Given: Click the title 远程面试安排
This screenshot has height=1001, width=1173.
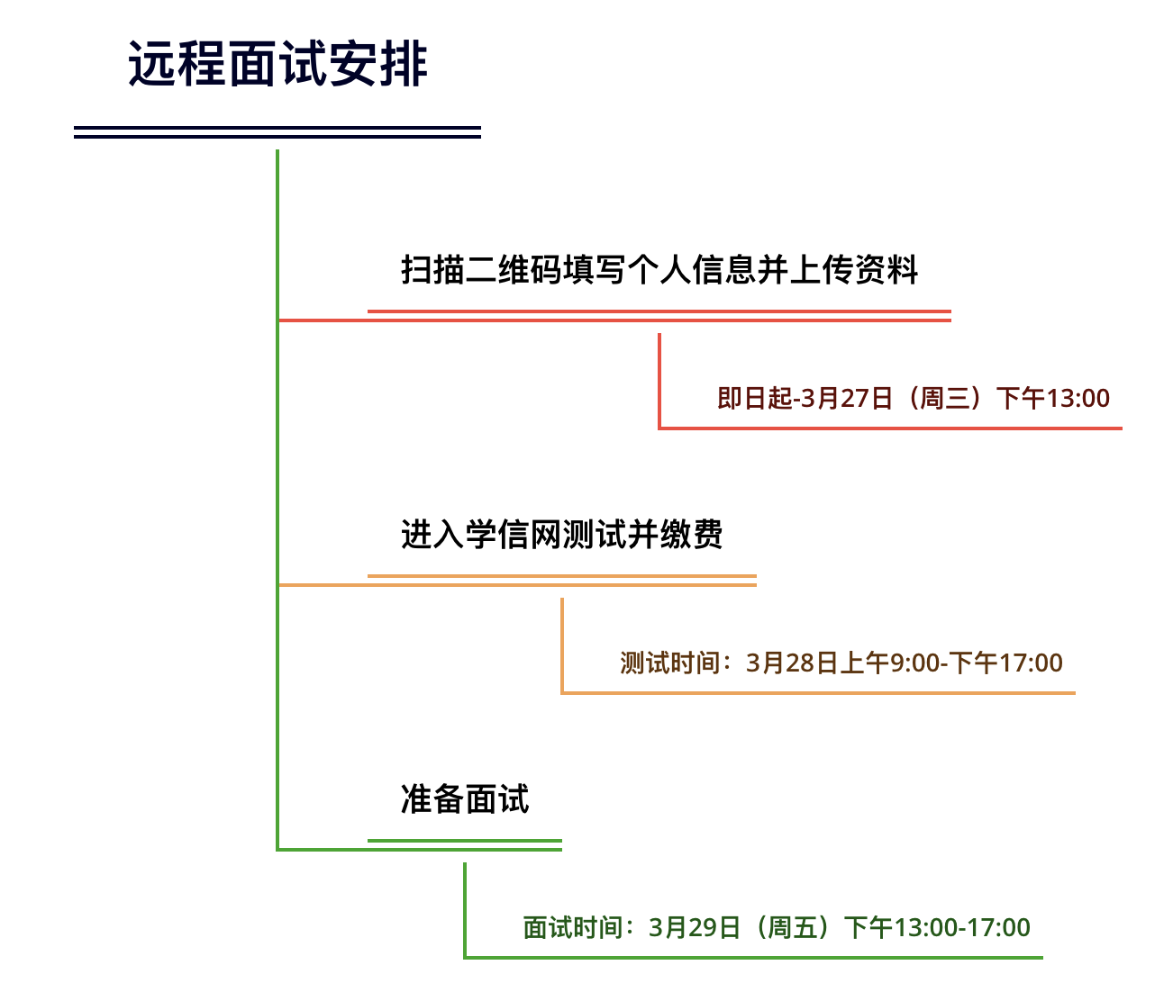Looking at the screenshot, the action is click(277, 64).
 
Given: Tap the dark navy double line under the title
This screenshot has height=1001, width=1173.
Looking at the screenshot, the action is click(277, 132).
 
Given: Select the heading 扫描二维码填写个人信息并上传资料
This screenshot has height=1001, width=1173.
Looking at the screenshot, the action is click(659, 269).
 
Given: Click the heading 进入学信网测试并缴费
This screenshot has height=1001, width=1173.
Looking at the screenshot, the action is click(562, 534).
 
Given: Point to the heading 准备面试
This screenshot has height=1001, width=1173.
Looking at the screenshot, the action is click(465, 799).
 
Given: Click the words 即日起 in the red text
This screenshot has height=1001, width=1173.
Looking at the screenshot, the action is click(755, 398).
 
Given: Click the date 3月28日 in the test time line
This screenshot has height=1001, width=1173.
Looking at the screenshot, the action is click(792, 663).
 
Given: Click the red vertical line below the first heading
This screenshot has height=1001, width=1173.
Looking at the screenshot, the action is click(659, 381).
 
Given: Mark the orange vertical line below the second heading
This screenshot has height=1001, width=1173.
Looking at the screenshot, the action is click(562, 645).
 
